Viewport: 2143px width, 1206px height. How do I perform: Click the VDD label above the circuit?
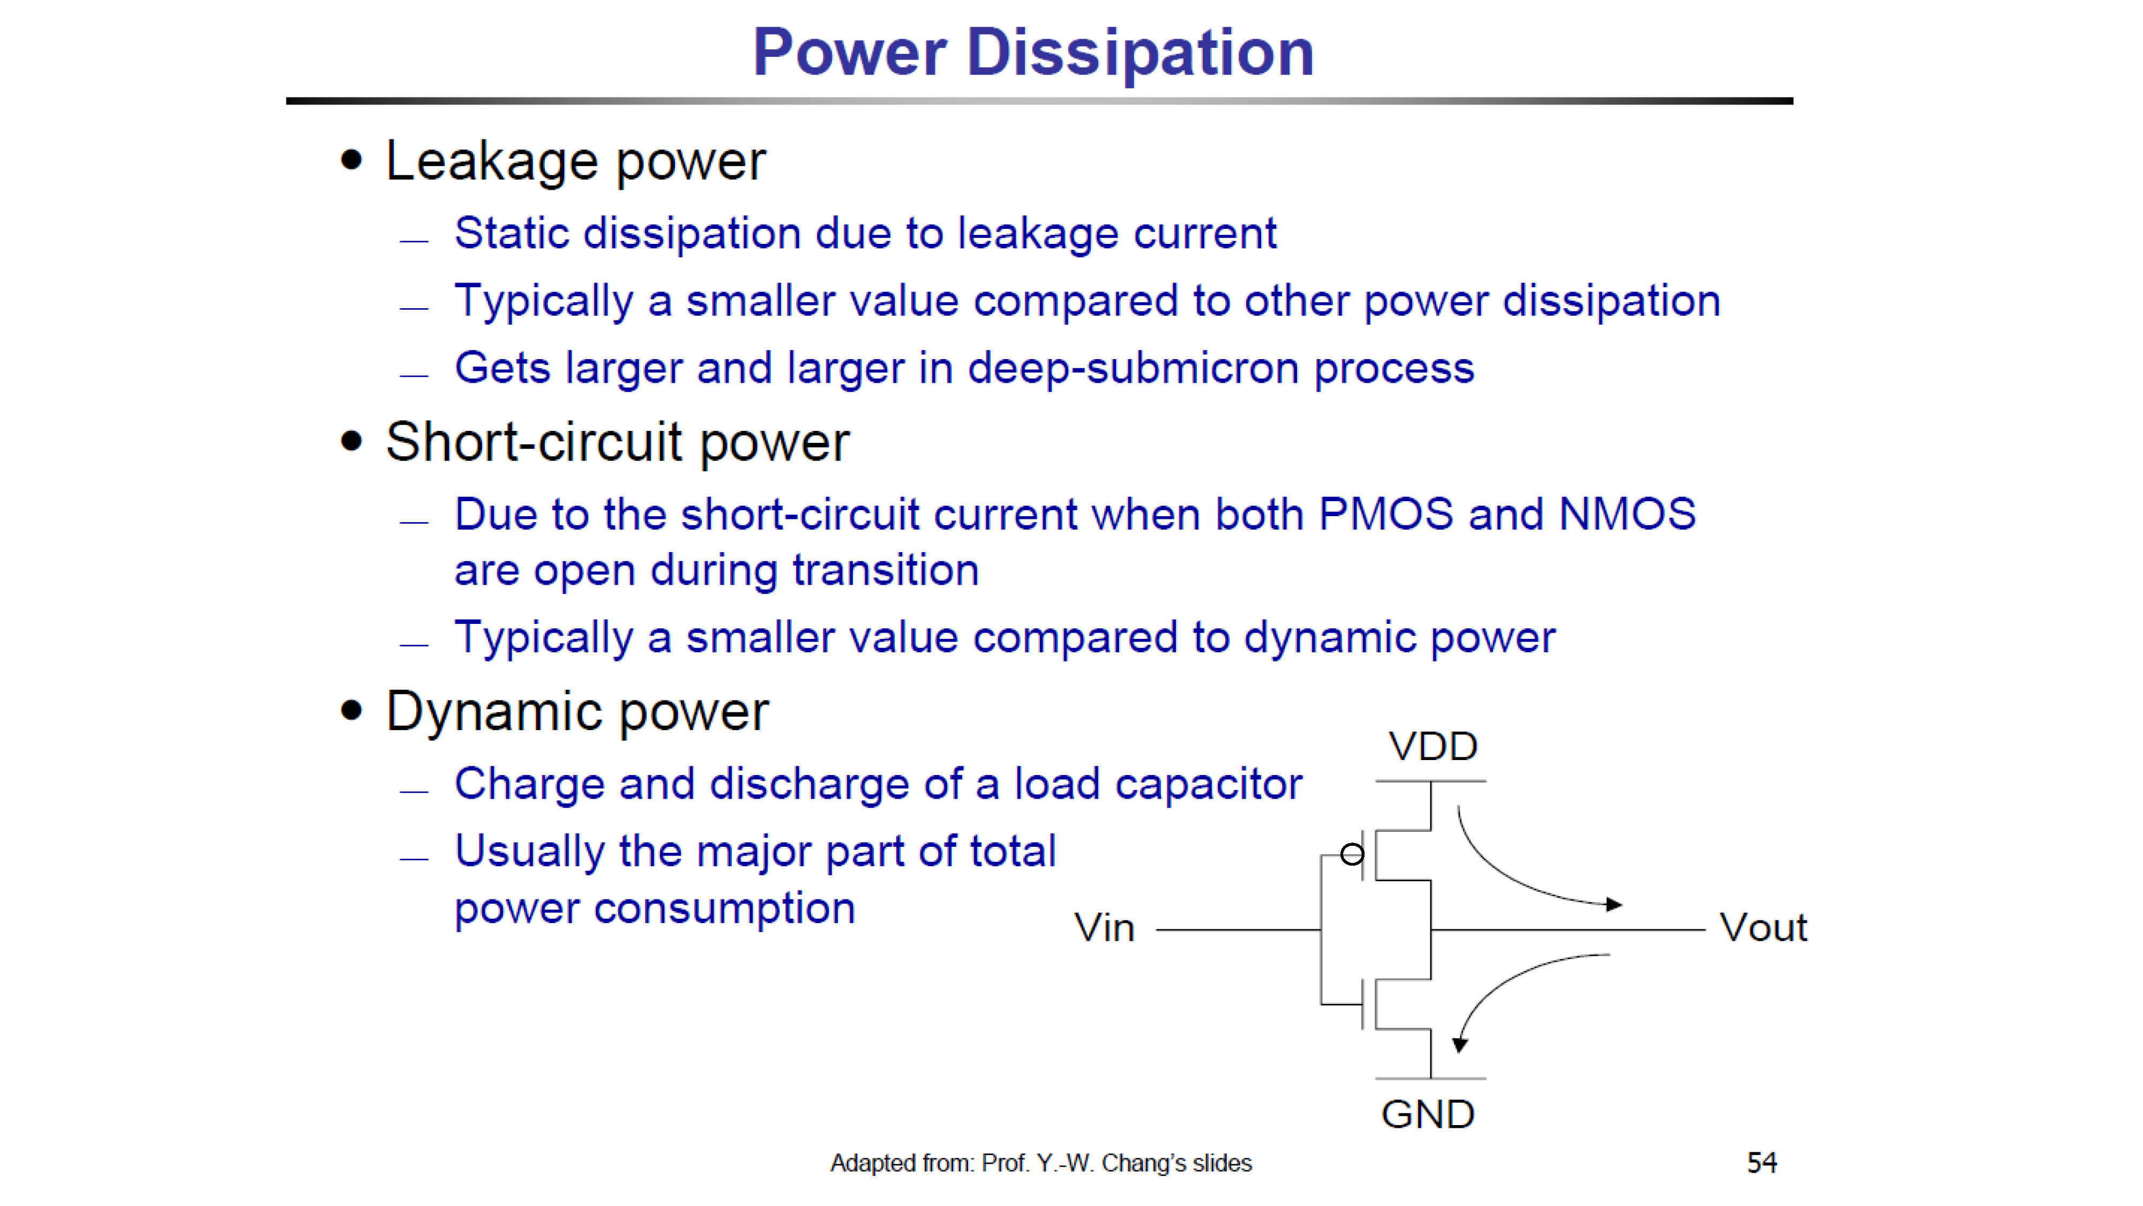(1433, 747)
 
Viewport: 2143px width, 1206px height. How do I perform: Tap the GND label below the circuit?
(1428, 1114)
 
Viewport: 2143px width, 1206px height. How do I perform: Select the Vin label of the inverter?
(1104, 927)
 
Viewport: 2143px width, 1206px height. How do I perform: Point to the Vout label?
(1763, 927)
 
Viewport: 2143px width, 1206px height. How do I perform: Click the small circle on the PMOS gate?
(1352, 854)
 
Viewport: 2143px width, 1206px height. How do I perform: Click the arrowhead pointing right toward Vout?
(1614, 904)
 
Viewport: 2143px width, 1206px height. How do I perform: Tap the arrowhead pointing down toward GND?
(1459, 1045)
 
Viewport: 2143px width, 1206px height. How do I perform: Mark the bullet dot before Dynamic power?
(352, 711)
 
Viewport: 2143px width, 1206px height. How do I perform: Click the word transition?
(885, 570)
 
